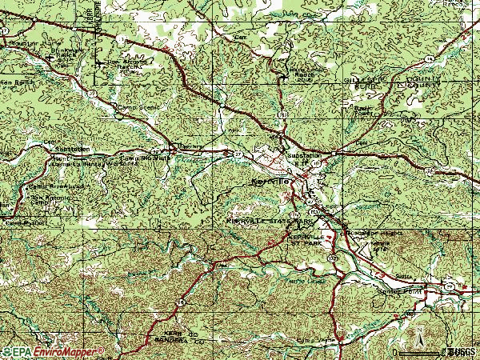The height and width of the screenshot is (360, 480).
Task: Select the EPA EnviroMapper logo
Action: [x=53, y=351]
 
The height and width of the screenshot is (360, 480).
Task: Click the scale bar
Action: [x=419, y=352]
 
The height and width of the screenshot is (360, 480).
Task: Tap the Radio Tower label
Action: [x=364, y=108]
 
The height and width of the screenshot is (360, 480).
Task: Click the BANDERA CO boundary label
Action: [x=166, y=337]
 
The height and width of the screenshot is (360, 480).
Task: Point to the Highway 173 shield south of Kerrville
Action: [x=331, y=259]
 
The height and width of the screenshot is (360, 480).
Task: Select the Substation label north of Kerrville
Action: [x=304, y=155]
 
